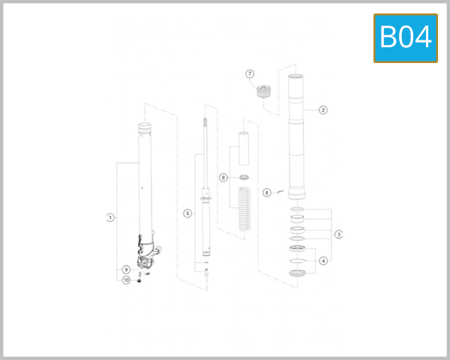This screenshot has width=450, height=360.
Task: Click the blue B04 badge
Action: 405,36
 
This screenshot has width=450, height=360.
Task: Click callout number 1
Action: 110,217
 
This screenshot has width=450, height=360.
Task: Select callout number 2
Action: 323,109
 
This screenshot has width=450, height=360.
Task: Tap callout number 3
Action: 339,234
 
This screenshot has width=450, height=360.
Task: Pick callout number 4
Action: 323,261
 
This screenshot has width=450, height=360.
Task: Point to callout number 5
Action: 187,214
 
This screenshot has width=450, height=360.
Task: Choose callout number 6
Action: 223,178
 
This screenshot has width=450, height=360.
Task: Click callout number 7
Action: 250,73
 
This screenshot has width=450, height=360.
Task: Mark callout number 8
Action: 266,193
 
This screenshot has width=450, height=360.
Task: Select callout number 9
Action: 126,269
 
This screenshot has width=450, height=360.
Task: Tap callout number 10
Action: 126,280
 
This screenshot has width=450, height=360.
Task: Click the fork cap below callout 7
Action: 262,93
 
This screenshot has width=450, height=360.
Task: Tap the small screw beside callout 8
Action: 278,191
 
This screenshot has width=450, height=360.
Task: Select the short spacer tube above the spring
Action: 242,149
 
